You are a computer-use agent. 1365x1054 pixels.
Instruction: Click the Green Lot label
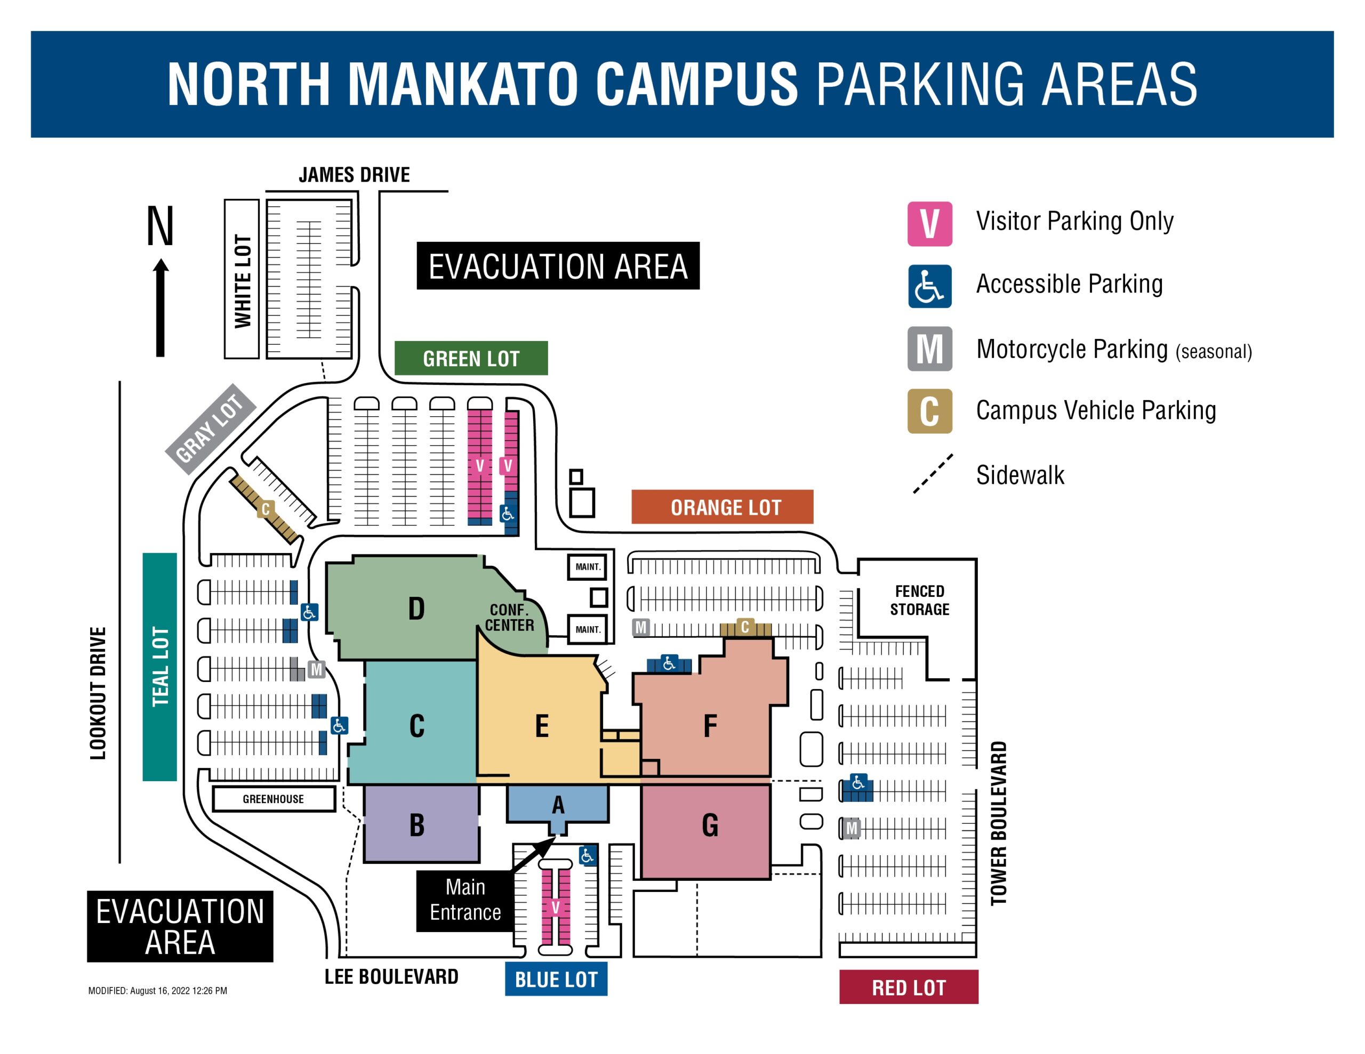471,358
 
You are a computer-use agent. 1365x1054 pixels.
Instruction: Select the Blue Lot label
556,979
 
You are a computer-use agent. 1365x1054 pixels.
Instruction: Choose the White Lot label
242,279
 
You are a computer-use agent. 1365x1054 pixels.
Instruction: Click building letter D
416,609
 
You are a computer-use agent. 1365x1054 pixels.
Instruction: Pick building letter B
417,825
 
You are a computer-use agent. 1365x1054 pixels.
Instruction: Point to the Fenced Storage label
919,600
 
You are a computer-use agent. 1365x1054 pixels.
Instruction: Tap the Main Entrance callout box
464,899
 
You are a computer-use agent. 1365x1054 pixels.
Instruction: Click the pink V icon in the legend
929,224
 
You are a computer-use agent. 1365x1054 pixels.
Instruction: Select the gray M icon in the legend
929,348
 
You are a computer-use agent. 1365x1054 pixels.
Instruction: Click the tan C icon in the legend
929,411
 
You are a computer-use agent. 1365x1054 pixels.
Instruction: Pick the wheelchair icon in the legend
929,286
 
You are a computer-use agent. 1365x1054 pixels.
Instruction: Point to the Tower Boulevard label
999,822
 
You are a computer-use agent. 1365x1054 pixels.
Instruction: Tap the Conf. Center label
509,617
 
